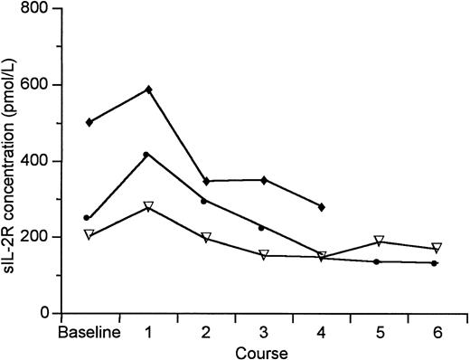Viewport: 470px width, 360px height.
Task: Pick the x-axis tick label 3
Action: click(263, 332)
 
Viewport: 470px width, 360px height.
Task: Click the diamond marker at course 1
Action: click(148, 90)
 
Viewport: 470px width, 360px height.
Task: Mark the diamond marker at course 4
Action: click(321, 207)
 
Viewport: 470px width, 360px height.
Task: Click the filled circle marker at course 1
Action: click(146, 155)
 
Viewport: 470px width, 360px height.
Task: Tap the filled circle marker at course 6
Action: click(435, 263)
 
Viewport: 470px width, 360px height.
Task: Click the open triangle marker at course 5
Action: click(380, 242)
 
